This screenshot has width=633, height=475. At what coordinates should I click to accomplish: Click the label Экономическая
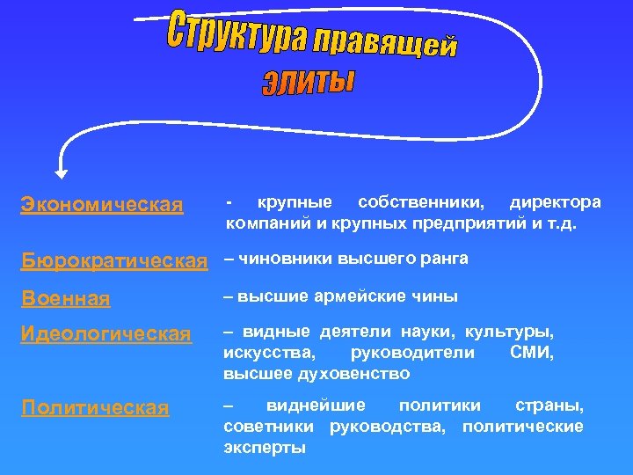pos(102,205)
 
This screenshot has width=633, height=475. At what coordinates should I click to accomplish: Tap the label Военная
pos(67,299)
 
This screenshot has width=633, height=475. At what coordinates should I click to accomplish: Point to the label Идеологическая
pos(105,334)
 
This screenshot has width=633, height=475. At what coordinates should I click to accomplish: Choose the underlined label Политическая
pos(95,408)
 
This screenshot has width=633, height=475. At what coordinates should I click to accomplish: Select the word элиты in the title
pos(308,82)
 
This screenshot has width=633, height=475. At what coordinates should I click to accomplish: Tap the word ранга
pos(447,259)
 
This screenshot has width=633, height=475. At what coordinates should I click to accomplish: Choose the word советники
pos(272,427)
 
